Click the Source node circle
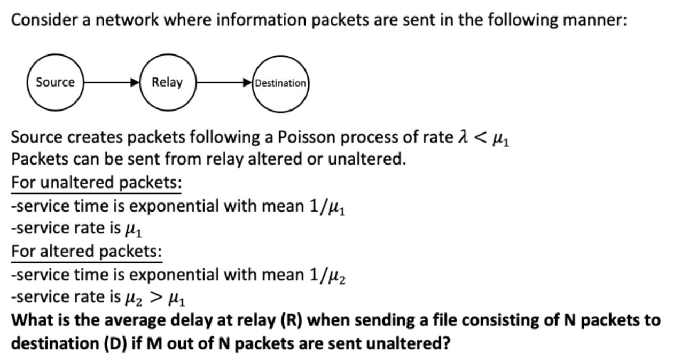[55, 83]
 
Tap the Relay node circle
[167, 83]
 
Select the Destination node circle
[281, 83]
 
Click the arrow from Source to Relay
[111, 83]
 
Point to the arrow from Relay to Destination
[224, 83]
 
